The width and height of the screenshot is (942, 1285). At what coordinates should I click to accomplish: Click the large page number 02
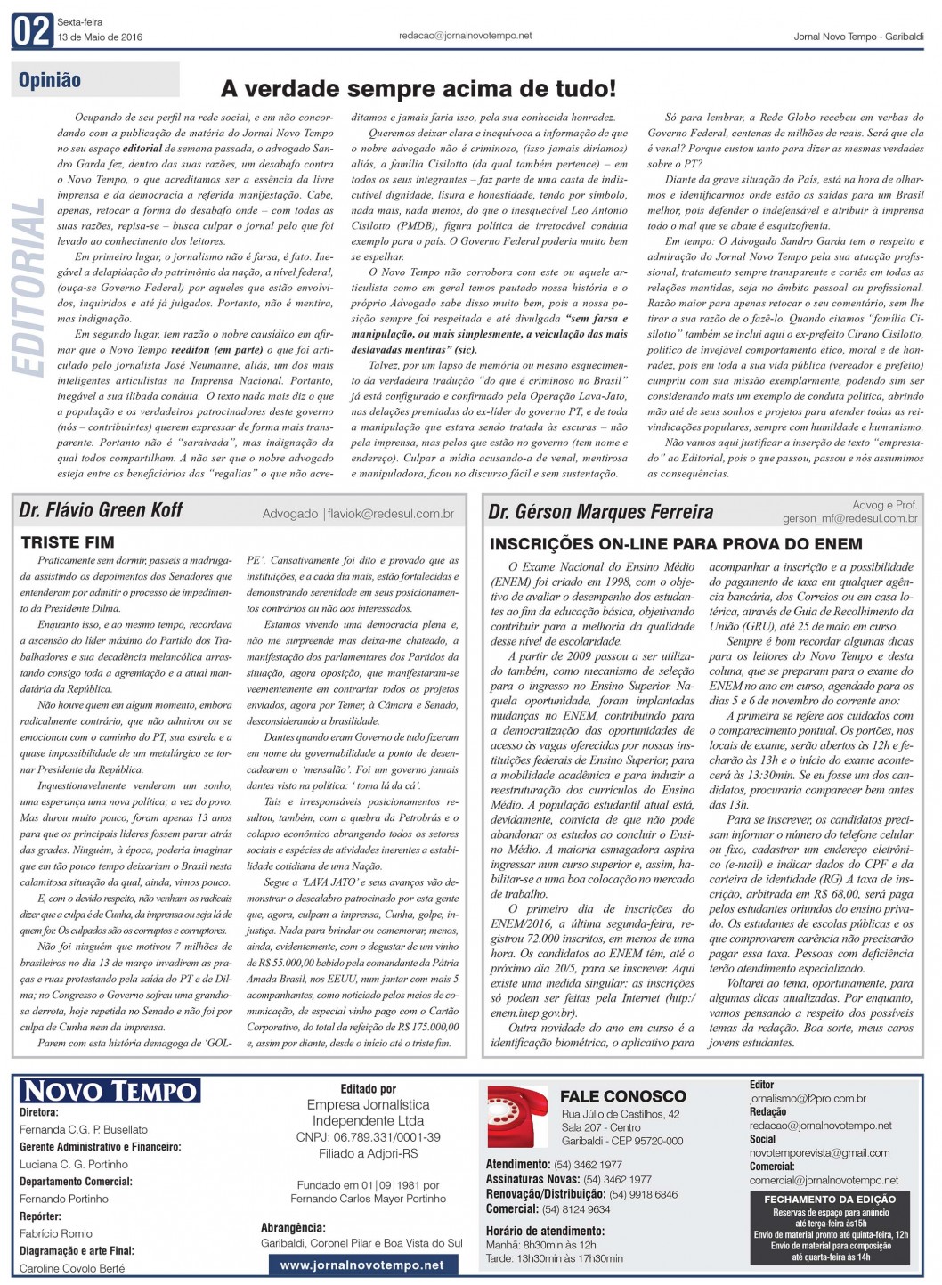pos(32,32)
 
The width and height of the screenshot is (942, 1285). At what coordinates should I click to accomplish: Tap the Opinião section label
pos(50,80)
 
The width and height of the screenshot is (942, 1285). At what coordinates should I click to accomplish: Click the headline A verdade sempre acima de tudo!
pos(418,89)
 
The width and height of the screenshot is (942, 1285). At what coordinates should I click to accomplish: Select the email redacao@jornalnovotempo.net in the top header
pos(466,36)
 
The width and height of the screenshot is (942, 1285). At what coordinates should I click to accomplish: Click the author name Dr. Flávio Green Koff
pos(101,510)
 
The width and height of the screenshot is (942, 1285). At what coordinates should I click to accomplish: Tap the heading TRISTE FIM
pos(68,542)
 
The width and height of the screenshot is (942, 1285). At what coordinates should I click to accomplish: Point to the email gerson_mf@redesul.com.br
pos(849,518)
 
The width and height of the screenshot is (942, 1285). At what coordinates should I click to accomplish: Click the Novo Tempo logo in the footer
pos(110,1091)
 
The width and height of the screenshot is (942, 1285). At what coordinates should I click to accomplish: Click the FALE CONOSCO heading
pos(623,1096)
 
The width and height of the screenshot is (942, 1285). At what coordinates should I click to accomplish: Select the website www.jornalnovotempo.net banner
pos(361,1265)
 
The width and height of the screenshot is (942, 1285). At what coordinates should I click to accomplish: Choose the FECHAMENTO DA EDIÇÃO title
pos(830,1200)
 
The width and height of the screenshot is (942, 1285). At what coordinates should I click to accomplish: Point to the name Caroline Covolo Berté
pos(72,1268)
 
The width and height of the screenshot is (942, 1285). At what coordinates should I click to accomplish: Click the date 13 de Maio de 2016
pos(100,37)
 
